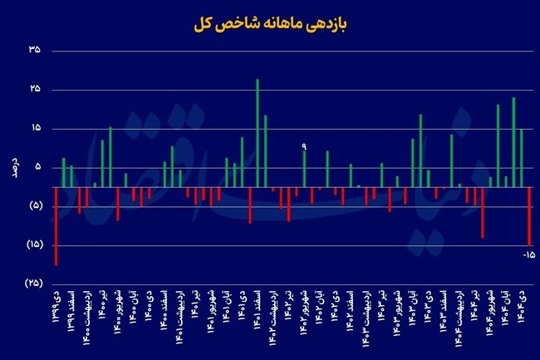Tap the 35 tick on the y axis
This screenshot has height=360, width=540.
point(34,52)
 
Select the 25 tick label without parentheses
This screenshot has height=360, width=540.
point(34,90)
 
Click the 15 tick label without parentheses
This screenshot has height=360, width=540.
point(34,129)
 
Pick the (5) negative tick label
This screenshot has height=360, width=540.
point(34,206)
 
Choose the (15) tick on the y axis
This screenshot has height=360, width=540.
point(34,244)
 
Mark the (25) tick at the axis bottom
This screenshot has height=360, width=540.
point(34,284)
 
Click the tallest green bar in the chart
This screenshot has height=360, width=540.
point(258,133)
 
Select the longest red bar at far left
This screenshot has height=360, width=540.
point(56,226)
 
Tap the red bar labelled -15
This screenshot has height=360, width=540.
point(529,215)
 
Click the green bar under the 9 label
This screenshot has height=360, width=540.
point(304,169)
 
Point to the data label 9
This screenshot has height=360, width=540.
point(304,146)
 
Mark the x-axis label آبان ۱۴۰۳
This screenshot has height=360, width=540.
point(413,307)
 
